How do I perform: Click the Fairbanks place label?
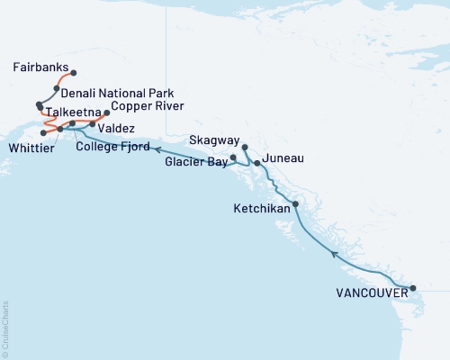pos(41,67)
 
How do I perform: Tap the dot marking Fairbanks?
pos(74,73)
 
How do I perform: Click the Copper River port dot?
pos(107,113)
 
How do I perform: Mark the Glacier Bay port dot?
pos(233,157)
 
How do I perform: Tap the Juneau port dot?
pos(257,163)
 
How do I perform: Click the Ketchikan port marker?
pos(296,204)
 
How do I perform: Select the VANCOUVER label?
pos(365,292)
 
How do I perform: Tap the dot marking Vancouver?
pos(413,289)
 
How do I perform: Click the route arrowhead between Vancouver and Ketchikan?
pos(336,255)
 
